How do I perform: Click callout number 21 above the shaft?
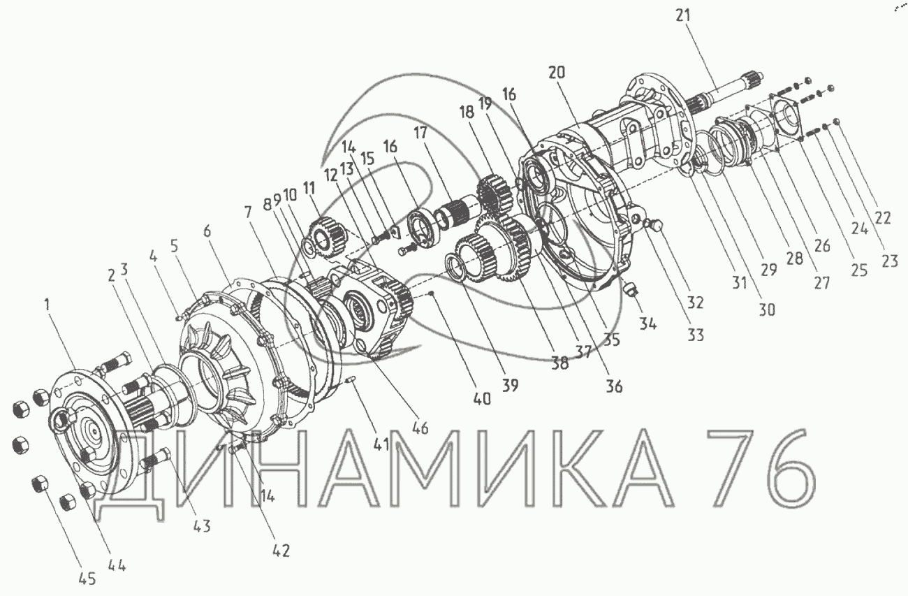(683, 15)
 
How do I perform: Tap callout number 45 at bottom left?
(87, 579)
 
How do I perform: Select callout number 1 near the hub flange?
(47, 305)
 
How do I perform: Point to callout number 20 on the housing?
(557, 73)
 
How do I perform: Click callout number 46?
(420, 428)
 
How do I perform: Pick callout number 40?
(481, 399)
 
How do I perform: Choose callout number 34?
(647, 324)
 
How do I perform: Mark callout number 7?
(248, 212)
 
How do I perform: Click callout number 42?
(281, 551)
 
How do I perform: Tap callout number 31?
(740, 282)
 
